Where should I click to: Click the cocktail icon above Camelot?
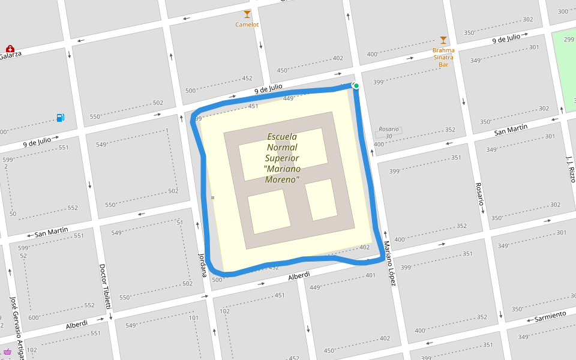pyautogui.click(x=247, y=14)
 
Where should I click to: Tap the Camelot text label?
pyautogui.click(x=247, y=25)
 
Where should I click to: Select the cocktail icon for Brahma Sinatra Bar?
pyautogui.click(x=443, y=40)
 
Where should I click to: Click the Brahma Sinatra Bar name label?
pyautogui.click(x=443, y=57)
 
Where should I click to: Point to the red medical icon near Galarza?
pyautogui.click(x=10, y=48)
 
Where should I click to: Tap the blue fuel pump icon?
pyautogui.click(x=60, y=118)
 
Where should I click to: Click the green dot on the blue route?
pyautogui.click(x=356, y=86)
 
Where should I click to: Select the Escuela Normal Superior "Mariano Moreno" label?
pyautogui.click(x=282, y=158)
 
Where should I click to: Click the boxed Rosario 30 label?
pyautogui.click(x=389, y=133)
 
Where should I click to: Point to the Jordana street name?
pyautogui.click(x=203, y=265)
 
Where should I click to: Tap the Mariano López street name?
pyautogui.click(x=390, y=263)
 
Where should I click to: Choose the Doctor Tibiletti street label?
pyautogui.click(x=106, y=286)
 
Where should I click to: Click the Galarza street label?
pyautogui.click(x=10, y=56)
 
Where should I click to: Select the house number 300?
pyautogui.click(x=563, y=11)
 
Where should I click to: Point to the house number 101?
pyautogui.click(x=194, y=318)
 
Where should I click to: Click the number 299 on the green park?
pyautogui.click(x=569, y=39)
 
